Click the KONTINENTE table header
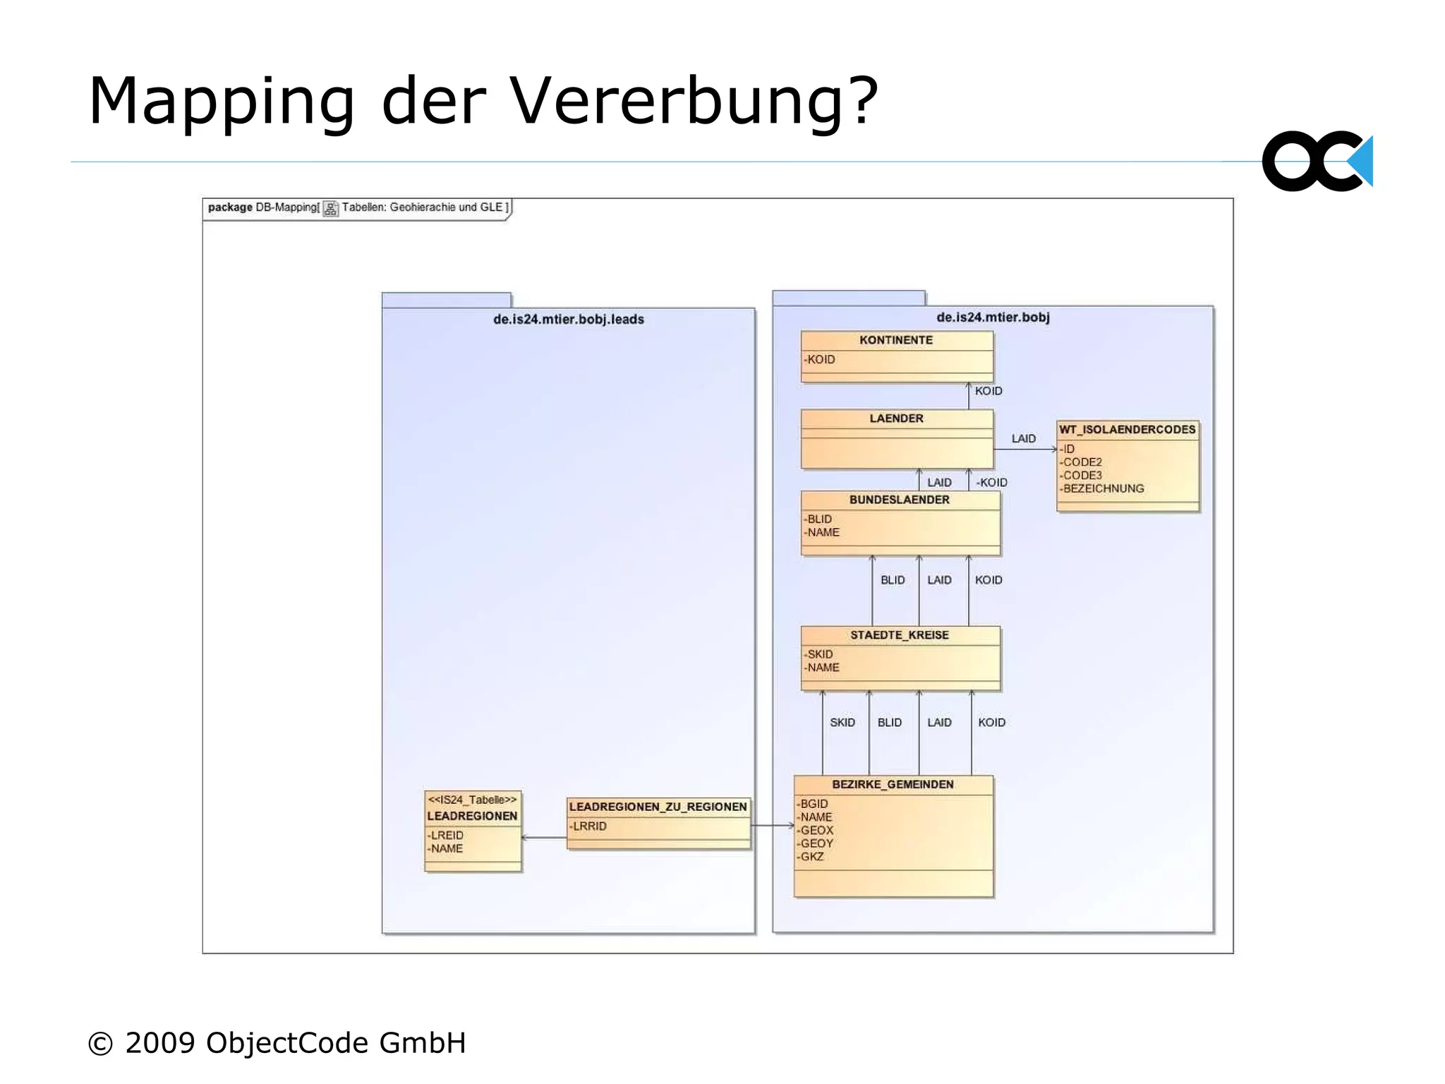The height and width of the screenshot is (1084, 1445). tap(895, 340)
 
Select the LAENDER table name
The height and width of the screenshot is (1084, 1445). tap(896, 418)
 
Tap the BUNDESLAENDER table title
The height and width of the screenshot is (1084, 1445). tap(899, 500)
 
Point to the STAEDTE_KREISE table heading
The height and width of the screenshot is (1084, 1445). tap(899, 635)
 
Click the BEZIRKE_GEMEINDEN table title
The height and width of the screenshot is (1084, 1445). tap(893, 785)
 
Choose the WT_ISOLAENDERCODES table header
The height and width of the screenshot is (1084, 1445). tap(1127, 430)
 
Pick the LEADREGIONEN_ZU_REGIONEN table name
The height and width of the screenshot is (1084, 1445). tap(658, 807)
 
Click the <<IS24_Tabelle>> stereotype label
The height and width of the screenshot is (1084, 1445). tap(472, 800)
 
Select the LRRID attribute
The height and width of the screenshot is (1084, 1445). tap(589, 826)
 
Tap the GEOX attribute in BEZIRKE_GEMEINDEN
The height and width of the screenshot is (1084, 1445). tap(816, 831)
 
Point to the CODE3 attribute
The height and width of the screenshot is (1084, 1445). tap(1082, 476)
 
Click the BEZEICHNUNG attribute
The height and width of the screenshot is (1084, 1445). tap(1103, 488)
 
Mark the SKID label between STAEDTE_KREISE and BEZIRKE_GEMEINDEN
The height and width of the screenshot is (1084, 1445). tap(842, 723)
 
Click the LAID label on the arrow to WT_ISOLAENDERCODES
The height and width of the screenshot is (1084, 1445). tap(1023, 439)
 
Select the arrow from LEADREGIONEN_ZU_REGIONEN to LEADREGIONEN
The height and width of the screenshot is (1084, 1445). tap(544, 838)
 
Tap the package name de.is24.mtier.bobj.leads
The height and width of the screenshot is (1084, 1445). tap(568, 320)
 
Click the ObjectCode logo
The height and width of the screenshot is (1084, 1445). tap(1317, 162)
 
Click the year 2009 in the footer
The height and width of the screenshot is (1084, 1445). tap(160, 1043)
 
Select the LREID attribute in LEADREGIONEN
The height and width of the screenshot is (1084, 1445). tap(447, 836)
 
